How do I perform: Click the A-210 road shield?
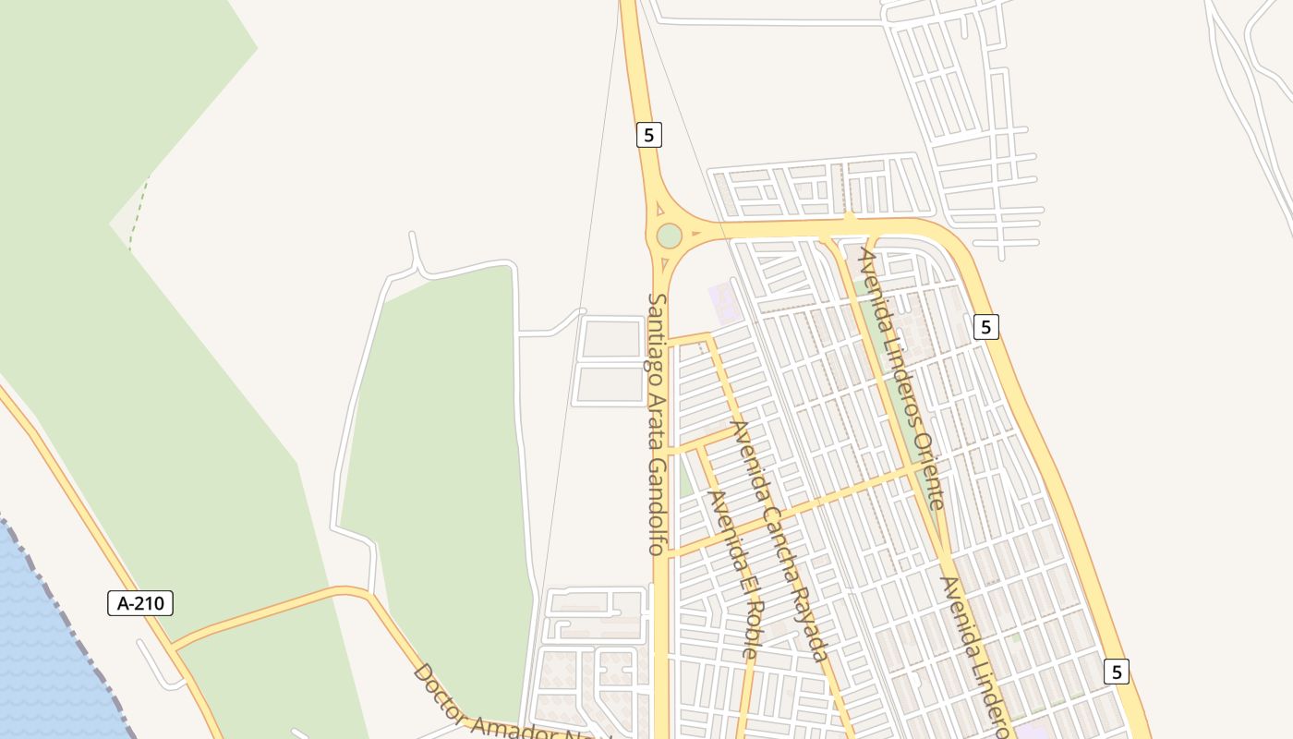pos(140,604)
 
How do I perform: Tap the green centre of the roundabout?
pos(669,236)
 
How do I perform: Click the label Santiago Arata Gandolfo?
pos(657,424)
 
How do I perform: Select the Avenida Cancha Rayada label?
pos(779,540)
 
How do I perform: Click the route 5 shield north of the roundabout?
pos(649,135)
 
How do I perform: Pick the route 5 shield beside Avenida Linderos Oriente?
pos(986,326)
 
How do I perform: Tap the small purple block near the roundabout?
pos(724,303)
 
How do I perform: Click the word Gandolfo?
pos(657,507)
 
